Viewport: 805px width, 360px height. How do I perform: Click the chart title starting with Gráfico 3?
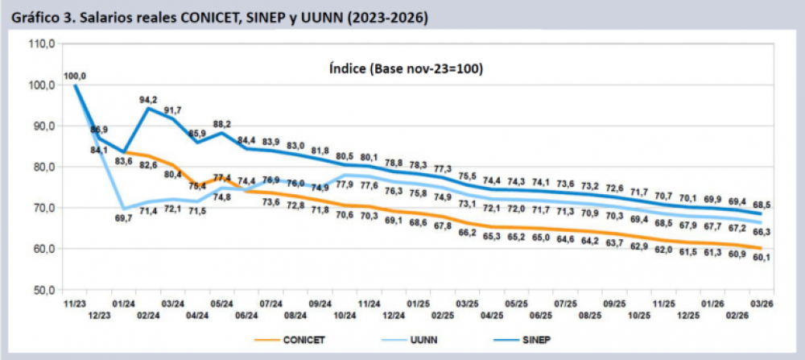(215, 17)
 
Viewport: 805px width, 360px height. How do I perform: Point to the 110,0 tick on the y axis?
(40, 44)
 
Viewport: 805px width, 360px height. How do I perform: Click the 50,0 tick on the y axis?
(40, 289)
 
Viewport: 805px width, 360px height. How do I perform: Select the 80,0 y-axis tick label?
(40, 167)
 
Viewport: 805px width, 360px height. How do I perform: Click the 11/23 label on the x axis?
(75, 304)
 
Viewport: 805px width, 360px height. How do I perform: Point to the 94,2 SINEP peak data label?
(148, 100)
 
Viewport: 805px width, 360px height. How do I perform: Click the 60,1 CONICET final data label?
(761, 257)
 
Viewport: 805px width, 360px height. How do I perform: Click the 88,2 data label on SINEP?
(221, 124)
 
